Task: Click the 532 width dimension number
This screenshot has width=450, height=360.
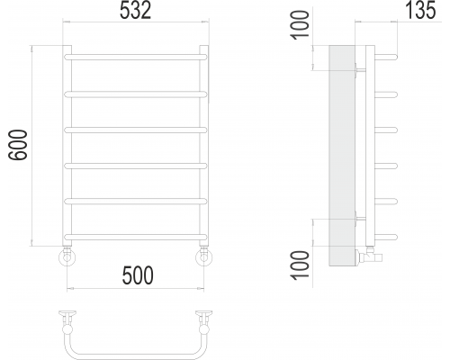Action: (135, 12)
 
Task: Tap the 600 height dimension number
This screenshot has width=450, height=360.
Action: (18, 145)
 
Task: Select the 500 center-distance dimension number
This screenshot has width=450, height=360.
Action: (138, 275)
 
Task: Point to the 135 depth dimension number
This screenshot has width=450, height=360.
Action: (420, 11)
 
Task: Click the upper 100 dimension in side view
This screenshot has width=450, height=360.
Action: (301, 24)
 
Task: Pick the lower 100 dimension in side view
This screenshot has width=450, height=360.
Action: (301, 265)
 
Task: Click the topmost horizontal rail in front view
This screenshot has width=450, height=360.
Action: (136, 57)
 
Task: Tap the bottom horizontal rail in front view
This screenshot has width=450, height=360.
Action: (136, 237)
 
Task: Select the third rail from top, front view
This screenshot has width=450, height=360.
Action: (136, 130)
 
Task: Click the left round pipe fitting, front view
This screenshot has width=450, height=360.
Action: (67, 257)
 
